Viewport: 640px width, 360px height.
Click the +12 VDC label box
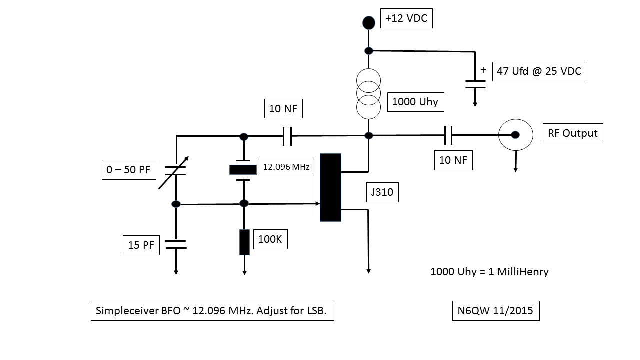[x=406, y=19]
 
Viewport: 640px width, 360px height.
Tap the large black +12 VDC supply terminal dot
[x=368, y=22]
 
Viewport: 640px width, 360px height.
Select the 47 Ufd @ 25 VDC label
[x=539, y=71]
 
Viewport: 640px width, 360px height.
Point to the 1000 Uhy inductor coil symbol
[x=368, y=94]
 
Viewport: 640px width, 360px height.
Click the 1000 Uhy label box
[x=415, y=102]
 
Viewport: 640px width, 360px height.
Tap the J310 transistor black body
[x=330, y=187]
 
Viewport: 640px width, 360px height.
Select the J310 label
[x=382, y=192]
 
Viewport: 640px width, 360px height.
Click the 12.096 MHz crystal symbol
[x=243, y=170]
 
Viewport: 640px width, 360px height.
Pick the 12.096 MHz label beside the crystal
[x=286, y=167]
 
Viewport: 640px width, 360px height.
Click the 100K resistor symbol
[x=244, y=242]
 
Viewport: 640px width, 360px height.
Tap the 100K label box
[x=270, y=239]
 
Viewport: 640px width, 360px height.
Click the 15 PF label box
[x=141, y=245]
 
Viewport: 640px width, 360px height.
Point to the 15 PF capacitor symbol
[x=176, y=244]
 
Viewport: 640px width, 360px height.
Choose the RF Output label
[x=572, y=133]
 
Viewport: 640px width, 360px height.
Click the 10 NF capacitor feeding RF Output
[x=448, y=135]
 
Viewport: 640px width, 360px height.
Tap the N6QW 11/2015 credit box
[x=495, y=311]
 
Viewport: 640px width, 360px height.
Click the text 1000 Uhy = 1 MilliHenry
[x=489, y=272]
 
